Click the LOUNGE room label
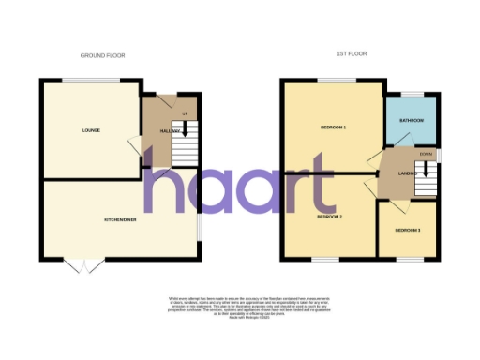coord(91,129)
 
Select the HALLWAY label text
coord(169,132)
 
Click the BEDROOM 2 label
coord(328,217)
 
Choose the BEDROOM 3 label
coord(407,230)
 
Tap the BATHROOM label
coord(412,121)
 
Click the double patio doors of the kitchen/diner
coord(85,265)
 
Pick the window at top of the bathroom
coord(413,94)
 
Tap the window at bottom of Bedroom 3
coord(407,259)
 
